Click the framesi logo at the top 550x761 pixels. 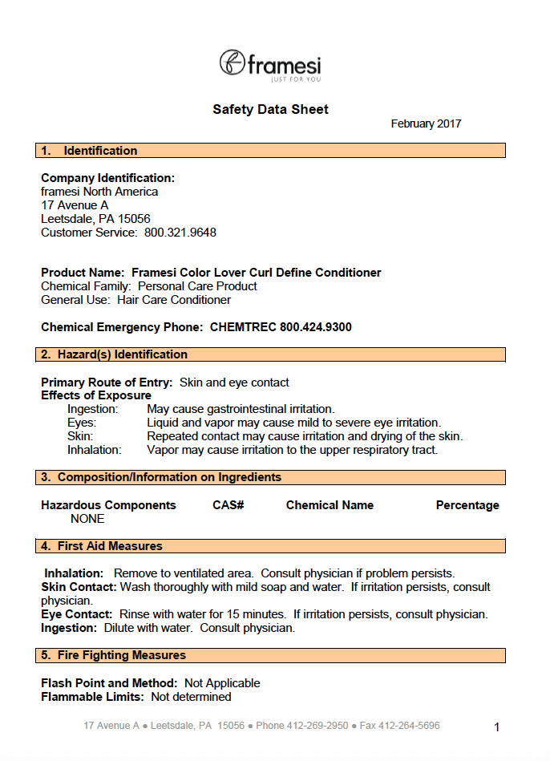(x=270, y=64)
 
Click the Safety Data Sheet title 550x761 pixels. (x=270, y=110)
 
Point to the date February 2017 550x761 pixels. (x=426, y=124)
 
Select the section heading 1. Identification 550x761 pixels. (x=90, y=151)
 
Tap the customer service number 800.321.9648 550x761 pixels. (x=180, y=233)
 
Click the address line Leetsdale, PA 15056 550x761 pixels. (x=95, y=219)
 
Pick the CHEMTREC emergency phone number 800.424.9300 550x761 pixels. (x=316, y=327)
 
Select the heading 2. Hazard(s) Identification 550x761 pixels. (x=115, y=354)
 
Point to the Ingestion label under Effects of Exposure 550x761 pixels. (x=93, y=409)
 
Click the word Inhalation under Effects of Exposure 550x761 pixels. (x=94, y=450)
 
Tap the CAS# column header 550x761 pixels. (x=228, y=505)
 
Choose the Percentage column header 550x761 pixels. (x=467, y=505)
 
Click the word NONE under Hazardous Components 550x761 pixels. (x=87, y=519)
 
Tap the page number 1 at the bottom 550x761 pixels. (x=497, y=727)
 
